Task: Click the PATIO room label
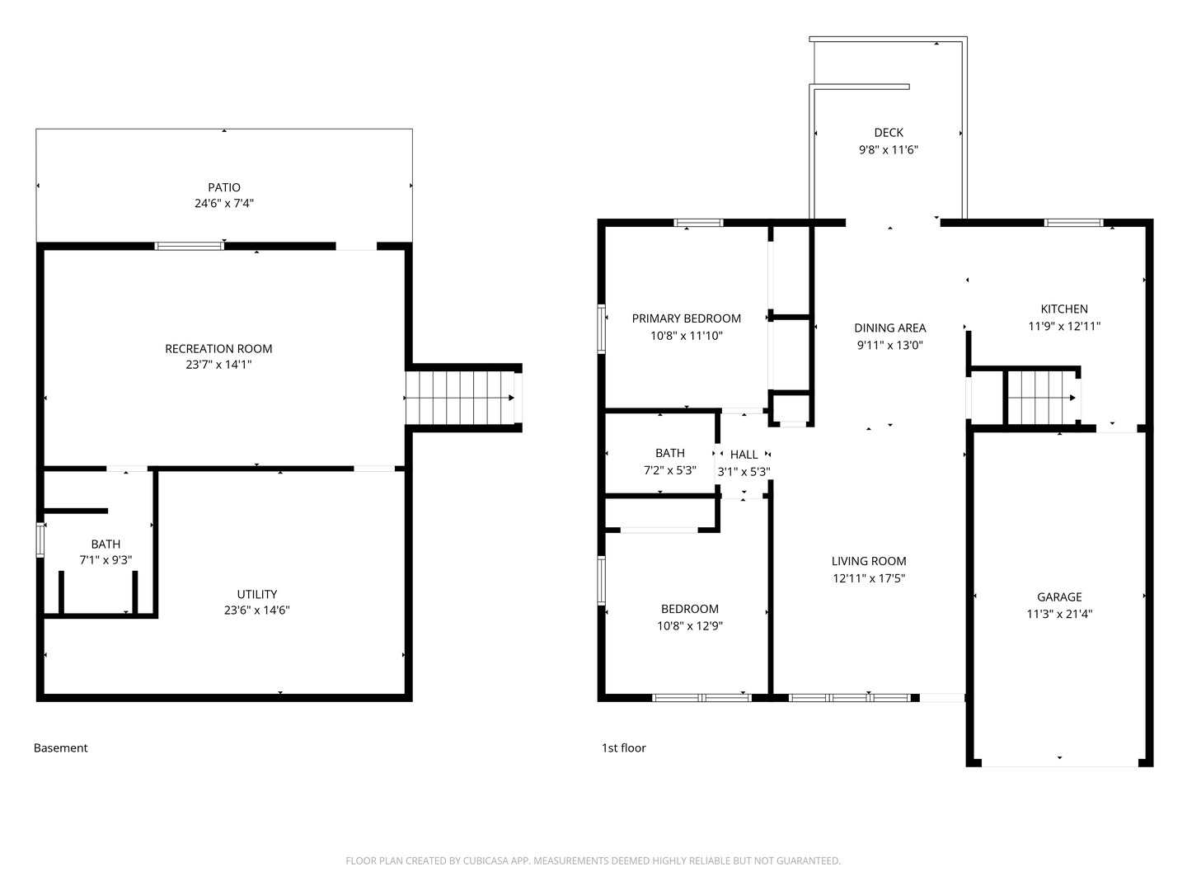click(x=223, y=187)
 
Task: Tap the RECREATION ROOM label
click(x=218, y=349)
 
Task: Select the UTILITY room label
click(x=256, y=594)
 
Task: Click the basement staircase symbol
click(x=460, y=398)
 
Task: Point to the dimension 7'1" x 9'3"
click(x=106, y=559)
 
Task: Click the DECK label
click(x=888, y=132)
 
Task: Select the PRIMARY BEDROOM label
click(x=686, y=318)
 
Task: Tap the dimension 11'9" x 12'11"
click(x=1063, y=326)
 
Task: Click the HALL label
click(x=744, y=455)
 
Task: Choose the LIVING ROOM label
click(x=868, y=561)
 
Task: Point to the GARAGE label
click(x=1059, y=596)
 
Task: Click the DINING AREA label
click(x=889, y=328)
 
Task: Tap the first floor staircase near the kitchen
click(x=1043, y=398)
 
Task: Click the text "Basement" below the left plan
click(x=60, y=748)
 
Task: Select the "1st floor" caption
click(x=623, y=748)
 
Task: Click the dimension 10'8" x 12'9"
click(x=690, y=625)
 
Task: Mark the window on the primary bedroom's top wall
click(x=698, y=223)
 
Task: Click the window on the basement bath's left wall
click(x=40, y=540)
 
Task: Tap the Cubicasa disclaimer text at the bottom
click(x=593, y=860)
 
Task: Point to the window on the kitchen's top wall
click(x=1072, y=223)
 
